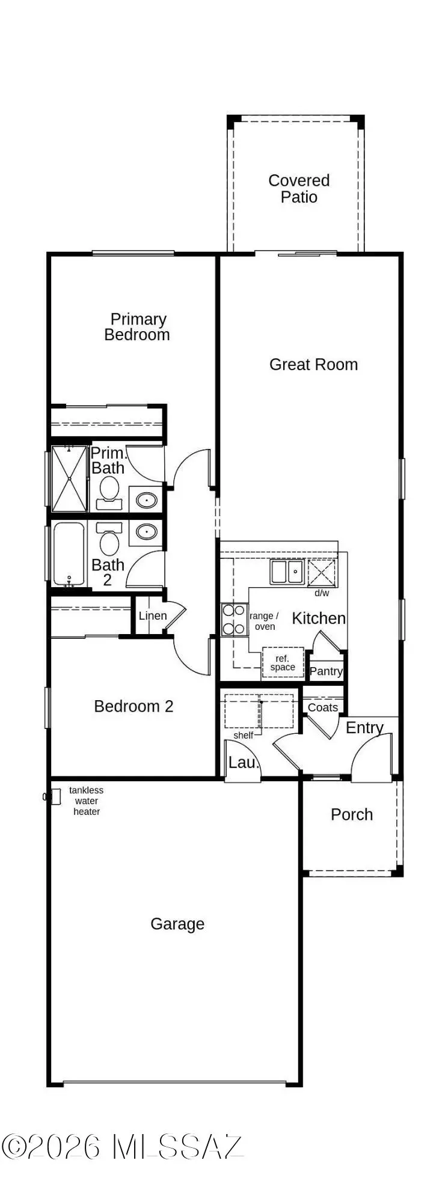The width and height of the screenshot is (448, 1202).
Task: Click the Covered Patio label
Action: [x=299, y=189]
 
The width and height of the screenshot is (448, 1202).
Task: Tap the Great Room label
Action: [x=313, y=364]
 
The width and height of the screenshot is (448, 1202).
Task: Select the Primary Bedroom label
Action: [x=138, y=327]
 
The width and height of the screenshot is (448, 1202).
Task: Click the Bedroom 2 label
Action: [x=133, y=706]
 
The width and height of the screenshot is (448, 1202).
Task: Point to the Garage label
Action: [x=177, y=924]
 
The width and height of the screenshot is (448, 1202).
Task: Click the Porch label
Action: [x=352, y=814]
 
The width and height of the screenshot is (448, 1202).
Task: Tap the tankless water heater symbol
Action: [x=55, y=796]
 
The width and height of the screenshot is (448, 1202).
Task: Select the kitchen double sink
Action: [x=286, y=572]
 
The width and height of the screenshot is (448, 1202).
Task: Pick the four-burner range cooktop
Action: [x=234, y=620]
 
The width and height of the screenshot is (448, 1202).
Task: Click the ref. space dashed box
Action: [x=283, y=662]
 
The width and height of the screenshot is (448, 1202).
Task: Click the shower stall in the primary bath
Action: [x=69, y=478]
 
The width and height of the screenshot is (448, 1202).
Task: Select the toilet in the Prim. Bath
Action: [x=109, y=489]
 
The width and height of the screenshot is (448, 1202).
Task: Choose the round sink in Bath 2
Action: [x=146, y=531]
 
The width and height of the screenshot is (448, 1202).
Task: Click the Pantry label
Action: [x=326, y=671]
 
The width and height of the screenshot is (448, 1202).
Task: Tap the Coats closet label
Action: [x=323, y=707]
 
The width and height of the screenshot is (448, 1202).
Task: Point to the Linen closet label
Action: [x=153, y=615]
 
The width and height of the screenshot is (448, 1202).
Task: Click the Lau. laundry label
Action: [x=243, y=763]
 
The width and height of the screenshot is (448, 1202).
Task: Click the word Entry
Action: [x=364, y=728]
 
